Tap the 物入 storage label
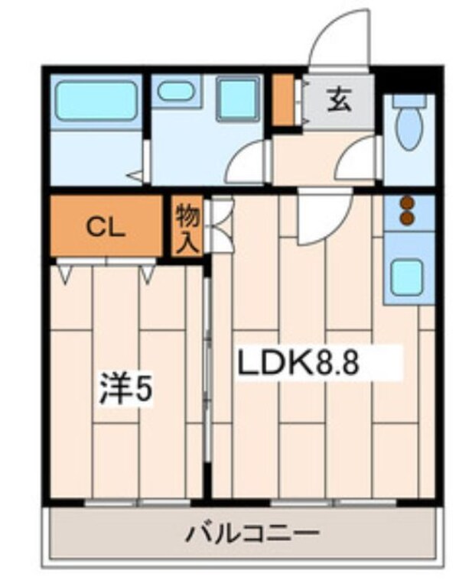coord(187,226)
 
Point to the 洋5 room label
coord(125,390)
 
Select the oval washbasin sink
coord(174,92)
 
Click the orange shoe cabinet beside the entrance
coord(283,100)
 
